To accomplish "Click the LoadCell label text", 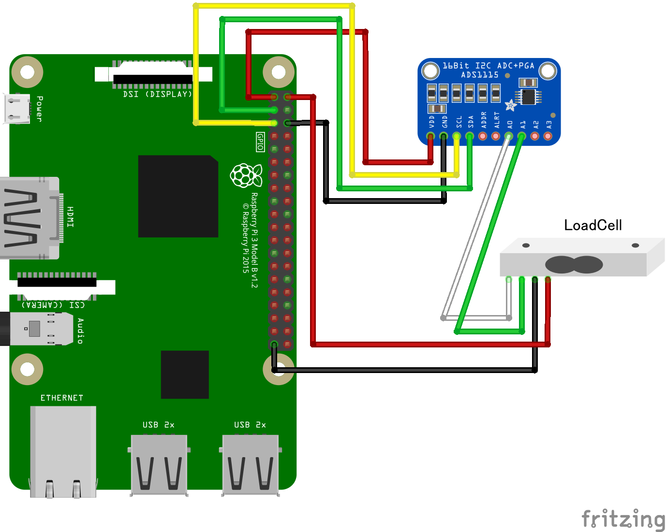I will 592,225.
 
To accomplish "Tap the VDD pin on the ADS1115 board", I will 430,136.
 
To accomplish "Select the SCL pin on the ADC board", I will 456,136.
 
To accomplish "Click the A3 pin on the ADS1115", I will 548,136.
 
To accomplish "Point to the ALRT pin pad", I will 495,136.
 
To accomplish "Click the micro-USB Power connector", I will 17,109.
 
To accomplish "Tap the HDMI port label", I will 71,216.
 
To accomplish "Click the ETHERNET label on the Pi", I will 61,398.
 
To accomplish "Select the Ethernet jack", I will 63,452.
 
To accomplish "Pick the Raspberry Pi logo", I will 246,175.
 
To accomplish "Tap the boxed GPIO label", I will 260,142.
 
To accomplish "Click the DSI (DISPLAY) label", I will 158,94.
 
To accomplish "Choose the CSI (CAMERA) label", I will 53,305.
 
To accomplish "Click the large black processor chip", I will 178,196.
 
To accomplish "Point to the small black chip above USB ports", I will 185,374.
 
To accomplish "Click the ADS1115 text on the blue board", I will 479,75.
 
